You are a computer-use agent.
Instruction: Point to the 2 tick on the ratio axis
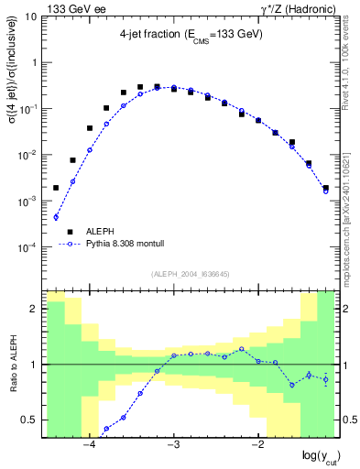tap(35, 309)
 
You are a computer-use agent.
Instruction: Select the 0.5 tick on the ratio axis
tap(30, 420)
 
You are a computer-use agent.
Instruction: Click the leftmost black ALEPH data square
tap(56, 188)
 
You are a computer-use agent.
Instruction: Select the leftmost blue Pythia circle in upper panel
tap(56, 217)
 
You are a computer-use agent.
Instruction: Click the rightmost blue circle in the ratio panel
tap(325, 378)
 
